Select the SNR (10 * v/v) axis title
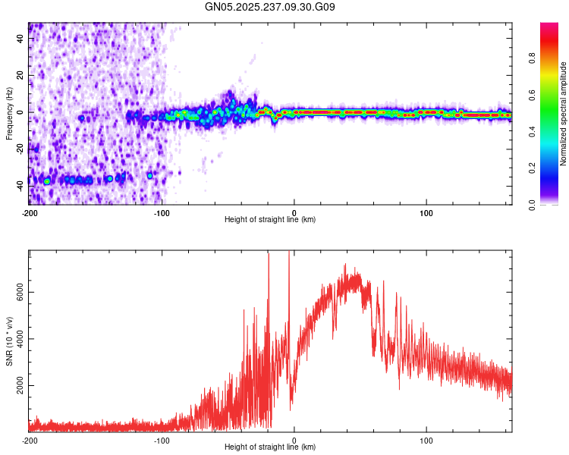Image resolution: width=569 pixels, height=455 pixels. tap(9, 341)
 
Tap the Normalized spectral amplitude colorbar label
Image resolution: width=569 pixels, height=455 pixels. tap(564, 114)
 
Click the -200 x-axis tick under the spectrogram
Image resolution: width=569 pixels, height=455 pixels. tap(30, 212)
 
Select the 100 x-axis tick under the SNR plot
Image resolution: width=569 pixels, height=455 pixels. tap(426, 439)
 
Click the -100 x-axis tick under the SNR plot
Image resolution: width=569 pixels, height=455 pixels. tap(162, 439)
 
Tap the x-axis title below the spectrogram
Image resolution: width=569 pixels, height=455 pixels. tap(270, 220)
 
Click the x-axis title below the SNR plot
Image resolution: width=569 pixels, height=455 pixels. tap(270, 447)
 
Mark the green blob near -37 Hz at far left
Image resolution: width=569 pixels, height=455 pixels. tap(47, 181)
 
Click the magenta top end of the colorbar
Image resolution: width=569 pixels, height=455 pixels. tap(549, 26)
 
